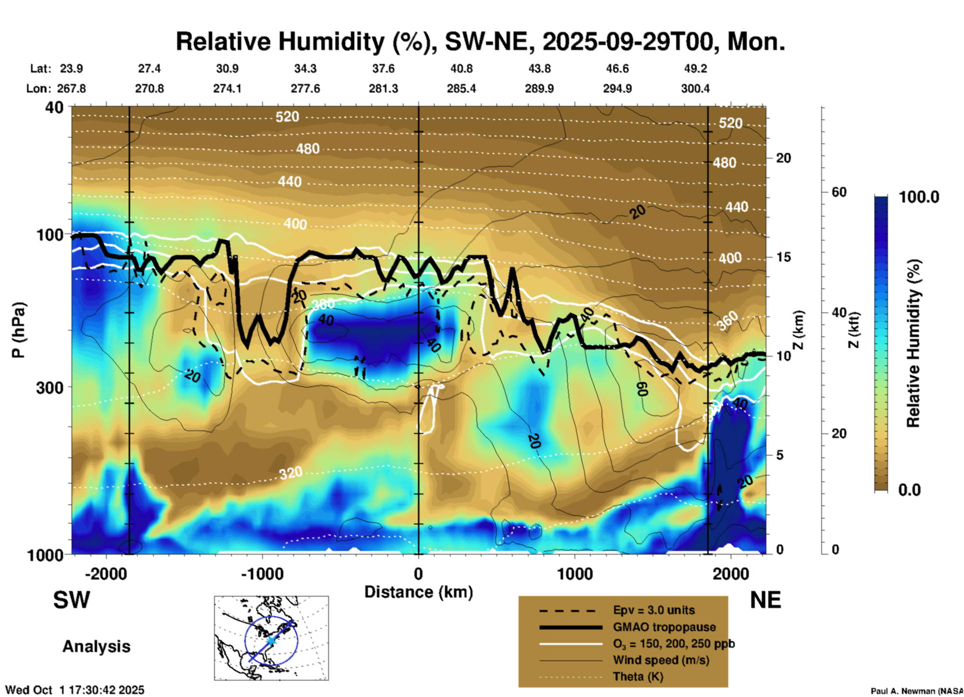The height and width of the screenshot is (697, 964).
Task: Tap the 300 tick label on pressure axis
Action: tap(50, 387)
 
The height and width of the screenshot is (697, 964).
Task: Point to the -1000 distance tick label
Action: tap(262, 573)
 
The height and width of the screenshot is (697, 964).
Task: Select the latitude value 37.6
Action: tap(383, 68)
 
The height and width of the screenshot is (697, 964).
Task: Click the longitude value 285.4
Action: tap(461, 88)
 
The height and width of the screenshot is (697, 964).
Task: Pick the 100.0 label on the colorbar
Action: tap(919, 197)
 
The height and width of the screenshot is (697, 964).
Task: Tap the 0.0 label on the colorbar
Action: tap(909, 489)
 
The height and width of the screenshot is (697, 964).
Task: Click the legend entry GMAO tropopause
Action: tap(664, 627)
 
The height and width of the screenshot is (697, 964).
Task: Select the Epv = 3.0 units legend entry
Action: tap(653, 610)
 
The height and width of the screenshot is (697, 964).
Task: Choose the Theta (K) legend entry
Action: tap(638, 676)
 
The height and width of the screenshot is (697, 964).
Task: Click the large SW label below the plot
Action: tap(72, 600)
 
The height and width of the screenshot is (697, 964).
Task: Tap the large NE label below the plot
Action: tap(765, 600)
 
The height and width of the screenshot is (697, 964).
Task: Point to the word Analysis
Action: tap(96, 646)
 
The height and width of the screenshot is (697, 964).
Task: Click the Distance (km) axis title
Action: tap(418, 592)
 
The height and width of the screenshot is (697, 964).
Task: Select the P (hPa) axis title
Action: tap(19, 330)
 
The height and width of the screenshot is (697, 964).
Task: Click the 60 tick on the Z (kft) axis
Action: tap(839, 192)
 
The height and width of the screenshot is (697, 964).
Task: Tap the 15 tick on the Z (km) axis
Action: tap(783, 257)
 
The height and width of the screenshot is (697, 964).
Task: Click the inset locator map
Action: tap(271, 637)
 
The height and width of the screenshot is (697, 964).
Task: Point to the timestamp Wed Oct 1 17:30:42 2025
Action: tap(75, 690)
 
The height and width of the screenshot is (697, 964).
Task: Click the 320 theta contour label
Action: tap(291, 472)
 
